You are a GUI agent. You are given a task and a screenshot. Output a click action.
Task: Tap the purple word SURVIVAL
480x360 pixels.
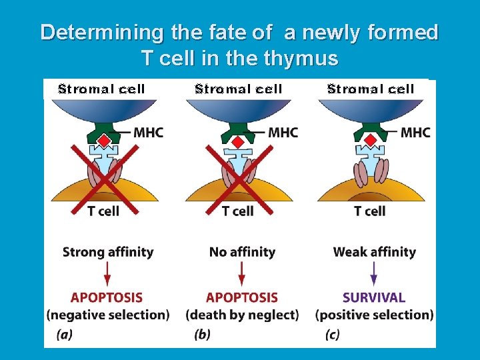[373, 297]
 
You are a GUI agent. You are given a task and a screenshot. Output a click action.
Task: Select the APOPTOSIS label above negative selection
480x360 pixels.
[107, 297]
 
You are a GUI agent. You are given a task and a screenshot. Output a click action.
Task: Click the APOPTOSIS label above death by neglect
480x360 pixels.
[242, 297]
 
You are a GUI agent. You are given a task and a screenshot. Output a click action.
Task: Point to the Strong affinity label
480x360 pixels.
[108, 252]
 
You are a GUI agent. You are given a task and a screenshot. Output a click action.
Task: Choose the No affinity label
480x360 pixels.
[242, 252]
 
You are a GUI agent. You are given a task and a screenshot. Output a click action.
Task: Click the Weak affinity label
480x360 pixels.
[374, 252]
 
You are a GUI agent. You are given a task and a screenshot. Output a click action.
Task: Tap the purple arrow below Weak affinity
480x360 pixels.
[373, 274]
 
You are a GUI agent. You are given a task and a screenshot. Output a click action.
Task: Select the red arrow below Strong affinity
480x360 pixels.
[107, 274]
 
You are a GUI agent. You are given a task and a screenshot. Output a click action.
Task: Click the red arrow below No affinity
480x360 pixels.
[242, 274]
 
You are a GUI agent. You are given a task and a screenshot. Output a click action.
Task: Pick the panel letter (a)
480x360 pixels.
[65, 335]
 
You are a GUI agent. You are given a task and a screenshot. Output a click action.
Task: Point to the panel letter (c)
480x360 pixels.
[332, 335]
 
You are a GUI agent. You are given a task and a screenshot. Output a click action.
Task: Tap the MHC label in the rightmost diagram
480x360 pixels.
[415, 133]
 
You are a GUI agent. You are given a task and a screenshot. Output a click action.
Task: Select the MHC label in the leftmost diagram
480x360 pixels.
[148, 133]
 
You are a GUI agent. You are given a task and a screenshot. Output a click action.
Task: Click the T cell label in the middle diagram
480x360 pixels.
[238, 211]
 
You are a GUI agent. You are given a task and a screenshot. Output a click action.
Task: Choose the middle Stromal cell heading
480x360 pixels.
[239, 89]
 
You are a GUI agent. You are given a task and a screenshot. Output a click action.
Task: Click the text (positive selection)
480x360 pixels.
[375, 315]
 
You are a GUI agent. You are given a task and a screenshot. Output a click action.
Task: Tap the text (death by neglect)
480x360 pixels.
[242, 315]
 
